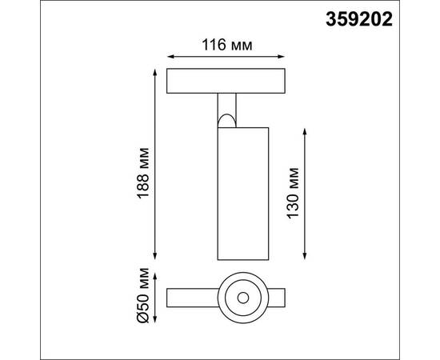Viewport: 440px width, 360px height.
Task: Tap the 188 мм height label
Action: [x=142, y=174]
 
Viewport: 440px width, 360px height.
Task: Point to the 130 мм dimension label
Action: [x=294, y=192]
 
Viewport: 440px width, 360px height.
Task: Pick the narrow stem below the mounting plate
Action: [x=227, y=106]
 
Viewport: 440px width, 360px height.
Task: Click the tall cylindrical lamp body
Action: [x=241, y=192]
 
